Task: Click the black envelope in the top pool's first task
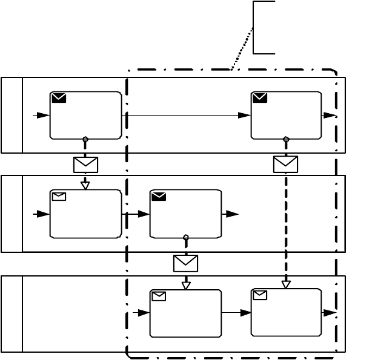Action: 59,97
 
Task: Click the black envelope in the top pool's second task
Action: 260,97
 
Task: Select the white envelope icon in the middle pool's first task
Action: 59,196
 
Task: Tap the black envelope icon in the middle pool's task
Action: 159,196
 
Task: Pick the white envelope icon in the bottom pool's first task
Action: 159,296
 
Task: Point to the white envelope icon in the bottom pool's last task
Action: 260,295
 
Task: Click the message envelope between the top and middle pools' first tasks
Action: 85,165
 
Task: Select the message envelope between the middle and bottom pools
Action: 185,263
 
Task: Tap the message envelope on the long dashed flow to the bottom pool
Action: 285,164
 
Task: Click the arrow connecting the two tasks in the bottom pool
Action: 236,313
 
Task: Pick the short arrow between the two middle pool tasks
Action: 136,214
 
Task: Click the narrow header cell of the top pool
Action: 12,115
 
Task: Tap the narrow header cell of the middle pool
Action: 12,214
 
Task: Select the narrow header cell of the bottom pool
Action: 12,313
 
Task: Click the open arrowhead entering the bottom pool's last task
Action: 286,284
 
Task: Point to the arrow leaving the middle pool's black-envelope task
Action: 231,214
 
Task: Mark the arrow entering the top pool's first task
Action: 41,115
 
